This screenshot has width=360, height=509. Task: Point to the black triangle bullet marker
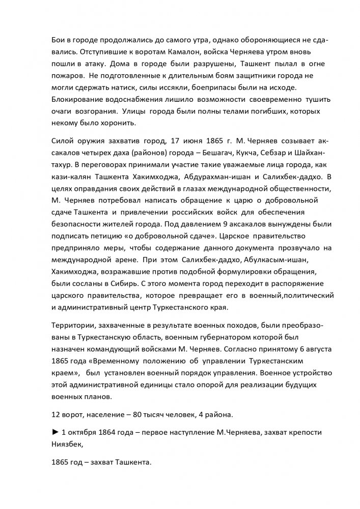tap(56, 432)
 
